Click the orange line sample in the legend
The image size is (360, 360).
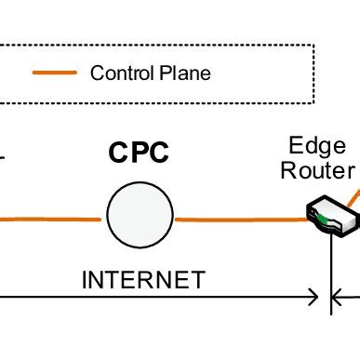[x=55, y=73]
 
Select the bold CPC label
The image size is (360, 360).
[x=139, y=152]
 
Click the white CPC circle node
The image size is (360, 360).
[x=139, y=215]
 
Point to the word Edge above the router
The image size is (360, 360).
[x=317, y=147]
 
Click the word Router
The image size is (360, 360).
[x=319, y=170]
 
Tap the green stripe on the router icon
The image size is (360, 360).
[x=322, y=220]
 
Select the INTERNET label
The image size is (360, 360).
[x=142, y=279]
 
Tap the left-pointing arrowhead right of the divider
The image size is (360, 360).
[x=341, y=299]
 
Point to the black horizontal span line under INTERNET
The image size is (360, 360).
[x=158, y=299]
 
